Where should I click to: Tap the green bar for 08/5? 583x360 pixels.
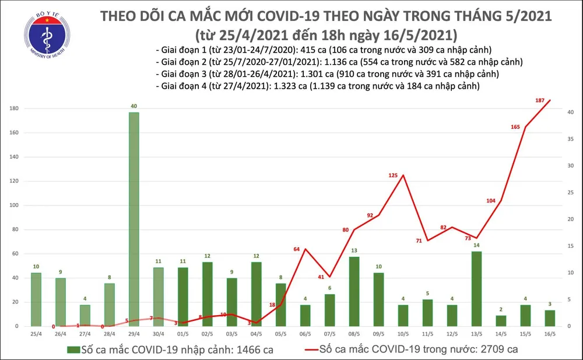[354, 291]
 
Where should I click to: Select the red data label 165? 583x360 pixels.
[515, 127]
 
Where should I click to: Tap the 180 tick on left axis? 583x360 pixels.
[13, 109]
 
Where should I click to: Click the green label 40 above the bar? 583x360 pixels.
[134, 106]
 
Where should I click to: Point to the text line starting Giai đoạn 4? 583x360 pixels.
[318, 86]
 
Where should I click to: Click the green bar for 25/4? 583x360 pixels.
[36, 299]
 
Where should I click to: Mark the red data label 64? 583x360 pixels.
[296, 249]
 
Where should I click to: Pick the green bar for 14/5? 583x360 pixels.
[501, 320]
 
